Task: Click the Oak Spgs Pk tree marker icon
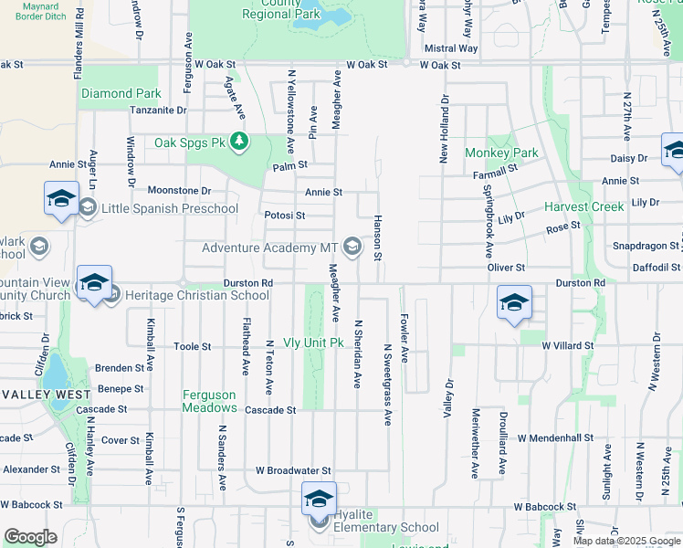[239, 141]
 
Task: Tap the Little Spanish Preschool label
[170, 208]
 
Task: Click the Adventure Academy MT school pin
[352, 248]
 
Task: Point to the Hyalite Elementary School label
[385, 527]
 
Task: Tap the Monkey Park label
[501, 153]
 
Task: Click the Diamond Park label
[121, 93]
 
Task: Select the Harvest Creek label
[584, 206]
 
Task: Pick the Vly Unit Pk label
[312, 342]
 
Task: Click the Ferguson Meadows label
[210, 402]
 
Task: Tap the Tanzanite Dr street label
[157, 111]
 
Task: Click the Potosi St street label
[284, 216]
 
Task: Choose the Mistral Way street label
[451, 48]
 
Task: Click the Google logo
[30, 537]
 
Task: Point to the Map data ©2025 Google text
[626, 541]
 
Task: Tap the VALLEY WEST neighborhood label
[45, 394]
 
